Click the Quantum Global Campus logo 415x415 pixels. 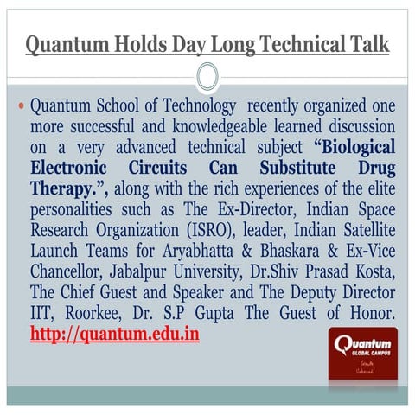pyautogui.click(x=364, y=355)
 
